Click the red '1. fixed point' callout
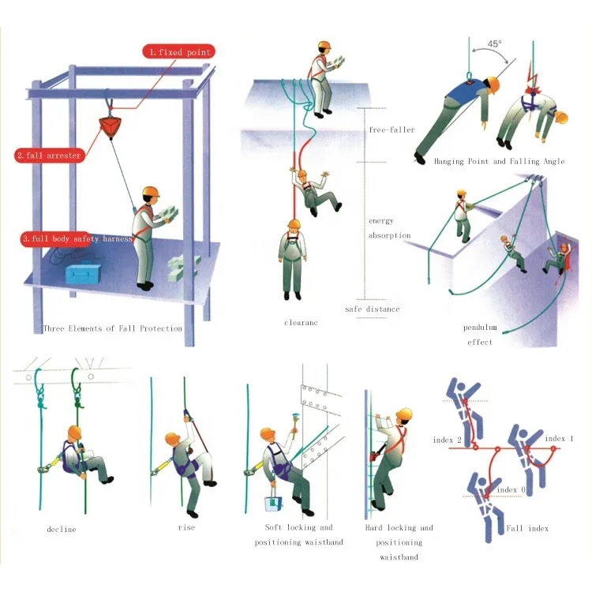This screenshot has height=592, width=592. (179, 52)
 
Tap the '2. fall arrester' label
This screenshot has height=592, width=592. (50, 155)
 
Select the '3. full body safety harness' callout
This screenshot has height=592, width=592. (77, 238)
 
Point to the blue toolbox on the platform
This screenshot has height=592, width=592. (84, 273)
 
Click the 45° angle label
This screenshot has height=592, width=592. (495, 43)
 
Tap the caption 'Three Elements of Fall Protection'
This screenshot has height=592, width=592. (113, 328)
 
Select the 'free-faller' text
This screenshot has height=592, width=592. (392, 130)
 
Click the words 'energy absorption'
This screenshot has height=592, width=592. (389, 228)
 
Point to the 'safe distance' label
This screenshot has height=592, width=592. (373, 309)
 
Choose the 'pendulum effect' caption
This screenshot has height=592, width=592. (480, 335)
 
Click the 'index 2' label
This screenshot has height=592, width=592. (448, 440)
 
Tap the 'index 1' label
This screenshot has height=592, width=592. (559, 438)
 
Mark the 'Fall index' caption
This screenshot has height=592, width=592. (527, 528)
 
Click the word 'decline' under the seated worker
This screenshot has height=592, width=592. (62, 530)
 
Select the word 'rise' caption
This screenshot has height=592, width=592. (186, 527)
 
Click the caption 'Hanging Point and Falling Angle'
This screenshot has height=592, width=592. (499, 162)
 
